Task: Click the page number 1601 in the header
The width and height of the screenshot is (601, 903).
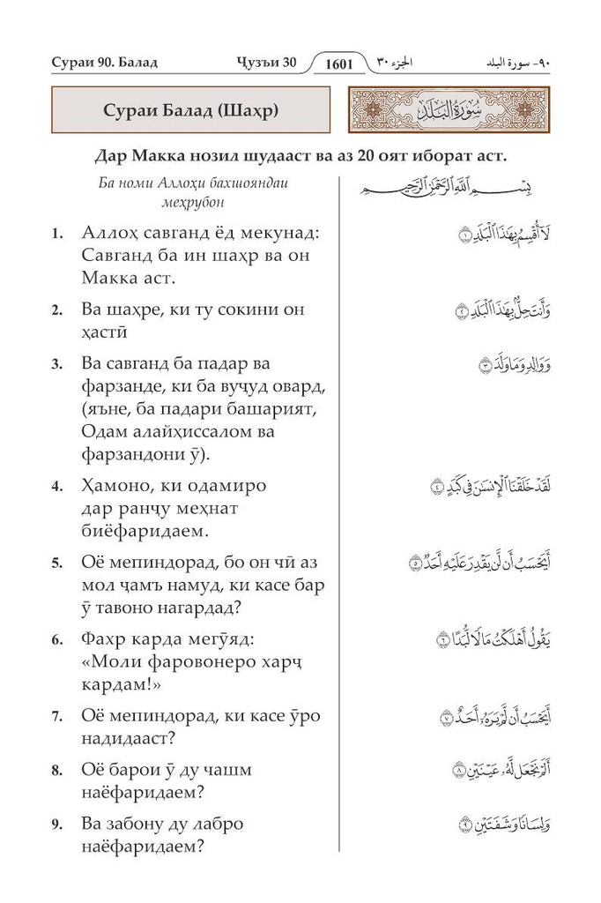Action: pyautogui.click(x=339, y=63)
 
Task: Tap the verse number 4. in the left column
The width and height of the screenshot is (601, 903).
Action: pyautogui.click(x=57, y=487)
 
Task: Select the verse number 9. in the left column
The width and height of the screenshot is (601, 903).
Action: pyautogui.click(x=57, y=825)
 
